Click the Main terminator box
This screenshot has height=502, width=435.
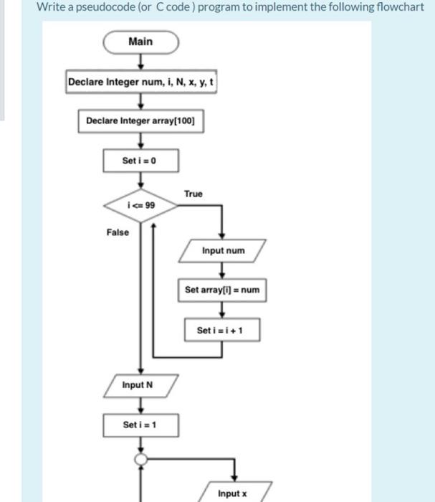pos(140,42)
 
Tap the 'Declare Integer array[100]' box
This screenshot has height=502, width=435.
pos(140,121)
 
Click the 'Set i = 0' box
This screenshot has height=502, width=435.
pos(140,160)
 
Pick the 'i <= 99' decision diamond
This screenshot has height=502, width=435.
pos(140,205)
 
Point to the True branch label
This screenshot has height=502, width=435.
pos(193,194)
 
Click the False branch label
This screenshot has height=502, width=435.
pos(118,232)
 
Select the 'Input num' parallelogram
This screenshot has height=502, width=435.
pos(223,251)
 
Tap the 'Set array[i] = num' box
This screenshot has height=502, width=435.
pos(222,290)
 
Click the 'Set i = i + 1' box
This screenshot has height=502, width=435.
pos(222,330)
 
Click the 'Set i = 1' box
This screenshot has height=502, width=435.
pos(140,425)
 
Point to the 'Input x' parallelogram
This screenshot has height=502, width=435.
pos(232,493)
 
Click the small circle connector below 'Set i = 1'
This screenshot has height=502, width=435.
pos(141,459)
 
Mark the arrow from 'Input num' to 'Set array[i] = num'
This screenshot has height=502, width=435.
pos(223,270)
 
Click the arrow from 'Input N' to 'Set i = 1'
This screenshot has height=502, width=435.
pos(140,405)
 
